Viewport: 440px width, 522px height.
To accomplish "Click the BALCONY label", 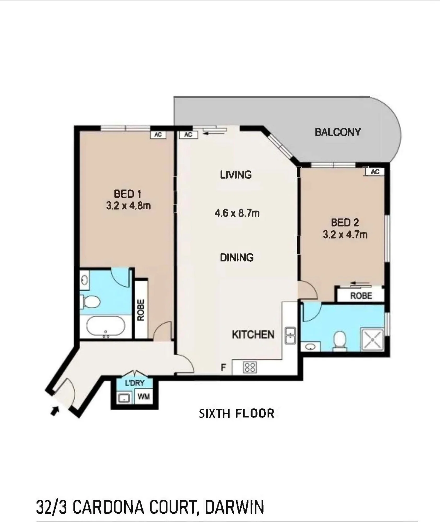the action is click(x=338, y=132).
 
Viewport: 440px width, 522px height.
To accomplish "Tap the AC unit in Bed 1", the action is click(x=158, y=134).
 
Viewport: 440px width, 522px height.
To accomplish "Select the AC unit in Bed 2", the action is click(x=375, y=171).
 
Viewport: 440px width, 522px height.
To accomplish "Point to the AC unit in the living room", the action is click(x=188, y=134).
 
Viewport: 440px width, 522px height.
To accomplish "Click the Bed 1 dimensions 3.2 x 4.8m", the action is click(x=128, y=206).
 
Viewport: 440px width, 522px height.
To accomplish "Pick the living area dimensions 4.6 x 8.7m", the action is click(x=237, y=213).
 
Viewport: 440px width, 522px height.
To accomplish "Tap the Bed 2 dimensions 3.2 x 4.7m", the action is click(x=345, y=235).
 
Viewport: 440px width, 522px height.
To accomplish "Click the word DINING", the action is click(x=237, y=258).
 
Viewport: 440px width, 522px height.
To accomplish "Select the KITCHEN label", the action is click(x=253, y=335).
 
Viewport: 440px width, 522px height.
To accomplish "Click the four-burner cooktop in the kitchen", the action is click(x=250, y=367).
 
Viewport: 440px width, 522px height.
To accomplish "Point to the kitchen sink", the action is click(x=290, y=335).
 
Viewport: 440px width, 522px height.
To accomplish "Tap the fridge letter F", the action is click(x=223, y=367).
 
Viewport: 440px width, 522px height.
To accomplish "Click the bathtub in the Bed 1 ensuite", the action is click(x=106, y=326).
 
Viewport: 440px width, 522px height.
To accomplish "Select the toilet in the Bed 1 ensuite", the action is click(x=90, y=302).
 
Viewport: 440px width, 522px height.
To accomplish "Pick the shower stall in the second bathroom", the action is click(x=372, y=339).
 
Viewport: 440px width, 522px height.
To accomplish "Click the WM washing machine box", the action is click(x=144, y=397).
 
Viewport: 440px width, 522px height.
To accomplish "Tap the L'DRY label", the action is click(x=135, y=383).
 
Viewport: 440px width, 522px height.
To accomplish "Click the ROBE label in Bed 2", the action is click(x=361, y=296).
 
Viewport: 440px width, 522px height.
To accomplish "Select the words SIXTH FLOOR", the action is click(x=237, y=413).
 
